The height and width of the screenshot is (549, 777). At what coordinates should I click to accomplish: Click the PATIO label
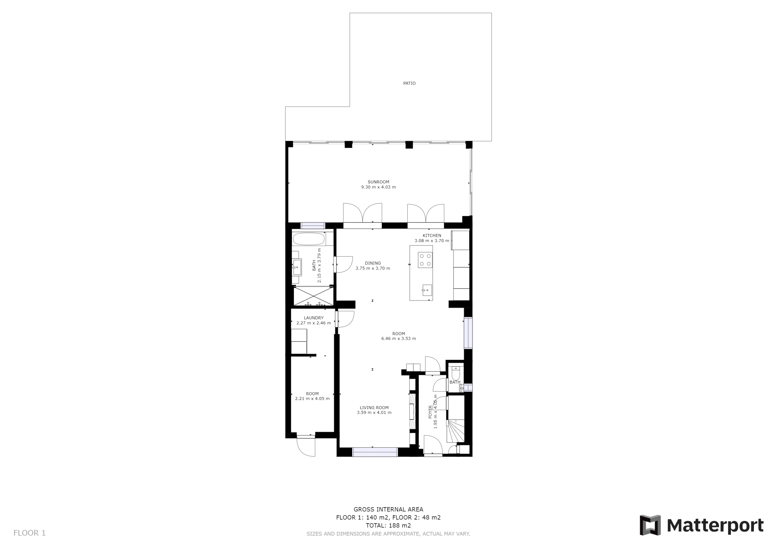tap(409, 83)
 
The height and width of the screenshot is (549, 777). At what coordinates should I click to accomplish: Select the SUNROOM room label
tap(378, 182)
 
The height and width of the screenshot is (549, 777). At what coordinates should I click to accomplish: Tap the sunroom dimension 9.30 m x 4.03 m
tap(378, 187)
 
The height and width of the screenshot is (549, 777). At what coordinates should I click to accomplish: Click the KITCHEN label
tap(432, 235)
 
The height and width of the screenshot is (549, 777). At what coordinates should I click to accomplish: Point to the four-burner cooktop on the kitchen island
tap(425, 260)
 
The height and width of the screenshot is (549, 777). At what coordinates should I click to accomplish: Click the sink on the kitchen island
tap(427, 290)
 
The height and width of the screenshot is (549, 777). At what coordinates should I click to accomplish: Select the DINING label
tap(373, 263)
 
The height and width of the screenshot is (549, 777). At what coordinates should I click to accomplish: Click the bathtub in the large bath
tap(309, 239)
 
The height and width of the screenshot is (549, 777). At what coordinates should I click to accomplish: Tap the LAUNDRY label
tap(314, 318)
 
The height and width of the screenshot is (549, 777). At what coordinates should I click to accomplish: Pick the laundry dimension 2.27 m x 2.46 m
tap(314, 323)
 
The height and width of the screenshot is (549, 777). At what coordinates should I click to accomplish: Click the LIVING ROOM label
tap(374, 408)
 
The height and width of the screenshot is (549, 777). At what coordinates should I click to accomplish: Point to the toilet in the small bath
tap(456, 373)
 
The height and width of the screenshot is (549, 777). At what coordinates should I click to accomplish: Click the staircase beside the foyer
tap(456, 431)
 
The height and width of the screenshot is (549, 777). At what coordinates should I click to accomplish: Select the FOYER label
tap(430, 412)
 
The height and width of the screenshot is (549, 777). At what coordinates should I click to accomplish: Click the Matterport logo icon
tap(650, 525)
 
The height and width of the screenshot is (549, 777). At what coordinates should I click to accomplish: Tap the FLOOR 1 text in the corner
tap(29, 533)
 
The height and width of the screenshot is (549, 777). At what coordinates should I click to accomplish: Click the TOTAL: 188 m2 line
tap(388, 526)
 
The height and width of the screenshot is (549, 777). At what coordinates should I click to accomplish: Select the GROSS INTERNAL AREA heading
tap(388, 510)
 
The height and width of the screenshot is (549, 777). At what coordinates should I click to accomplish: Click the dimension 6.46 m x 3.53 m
tap(399, 338)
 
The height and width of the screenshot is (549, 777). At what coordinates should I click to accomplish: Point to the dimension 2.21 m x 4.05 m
tap(312, 399)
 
